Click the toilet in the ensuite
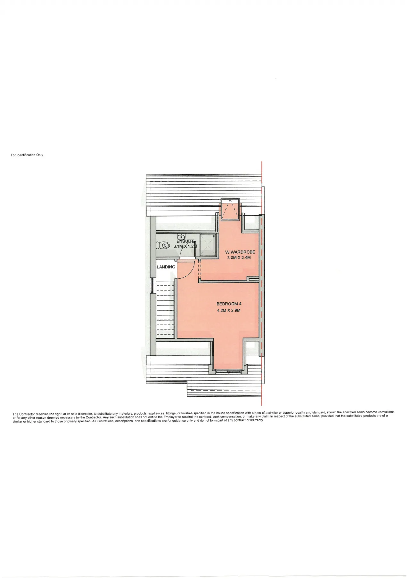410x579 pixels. coord(163,245)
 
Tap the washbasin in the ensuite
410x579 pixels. coord(181,237)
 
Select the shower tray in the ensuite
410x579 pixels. coord(208,245)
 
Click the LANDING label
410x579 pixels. coord(166,267)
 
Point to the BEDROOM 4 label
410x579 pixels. coord(229,304)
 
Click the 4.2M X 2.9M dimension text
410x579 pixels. coord(229,310)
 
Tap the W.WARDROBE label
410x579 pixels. coord(240,252)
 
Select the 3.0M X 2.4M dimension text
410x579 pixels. coord(239,258)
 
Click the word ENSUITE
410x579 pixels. coord(185,241)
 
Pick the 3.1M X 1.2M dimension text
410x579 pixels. coord(185,246)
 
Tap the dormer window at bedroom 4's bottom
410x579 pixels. coord(228,371)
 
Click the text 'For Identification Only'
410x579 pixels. coord(27,155)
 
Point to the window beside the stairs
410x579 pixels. coord(152,286)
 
